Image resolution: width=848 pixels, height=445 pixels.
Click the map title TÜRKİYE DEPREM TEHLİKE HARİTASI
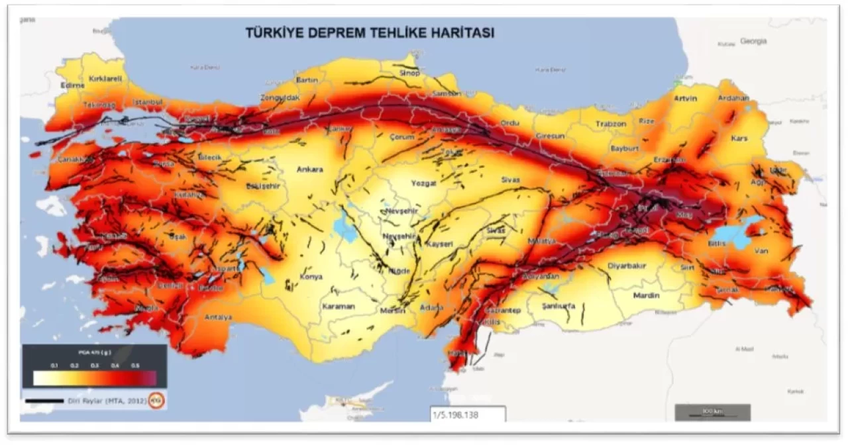pos(370,32)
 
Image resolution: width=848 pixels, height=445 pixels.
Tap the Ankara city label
pos(310,170)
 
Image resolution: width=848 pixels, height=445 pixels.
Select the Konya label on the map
pos(311,277)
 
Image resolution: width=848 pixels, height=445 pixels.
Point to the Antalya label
pos(218,317)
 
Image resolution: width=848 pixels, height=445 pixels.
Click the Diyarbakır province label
pos(626,266)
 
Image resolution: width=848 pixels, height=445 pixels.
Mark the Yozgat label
pos(423,183)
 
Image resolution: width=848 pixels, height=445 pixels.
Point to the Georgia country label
pos(753,41)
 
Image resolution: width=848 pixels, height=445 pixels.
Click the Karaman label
pos(339,307)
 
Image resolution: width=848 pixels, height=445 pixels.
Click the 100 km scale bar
pos(712,413)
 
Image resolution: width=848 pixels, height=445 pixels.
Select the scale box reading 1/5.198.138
pos(468,414)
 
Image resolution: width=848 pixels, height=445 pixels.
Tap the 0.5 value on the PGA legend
pos(135,366)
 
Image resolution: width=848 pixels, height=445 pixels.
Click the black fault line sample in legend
pos(44,401)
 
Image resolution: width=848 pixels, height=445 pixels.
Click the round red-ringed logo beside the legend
pos(156,400)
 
